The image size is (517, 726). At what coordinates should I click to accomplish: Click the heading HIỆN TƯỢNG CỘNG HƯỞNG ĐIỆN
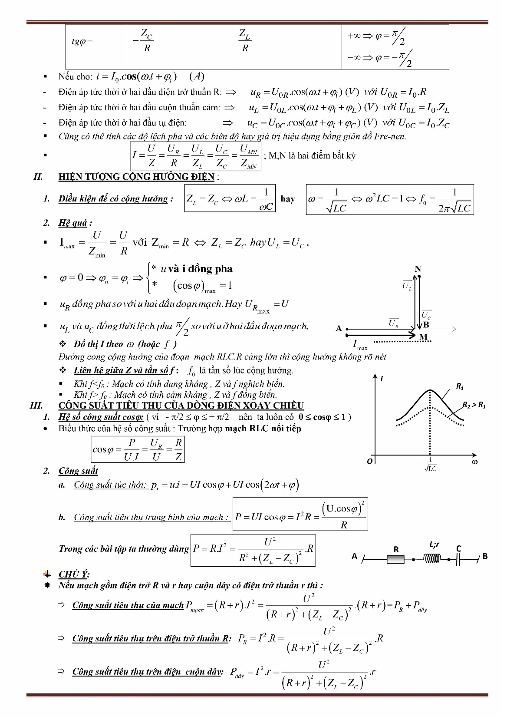136,177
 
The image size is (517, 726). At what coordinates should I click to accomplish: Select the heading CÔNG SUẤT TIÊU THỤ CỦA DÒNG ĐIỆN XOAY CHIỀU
181,406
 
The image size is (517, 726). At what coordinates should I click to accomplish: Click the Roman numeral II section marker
38,177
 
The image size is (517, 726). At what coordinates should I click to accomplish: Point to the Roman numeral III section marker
36,406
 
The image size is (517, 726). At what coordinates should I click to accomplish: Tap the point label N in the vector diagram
418,269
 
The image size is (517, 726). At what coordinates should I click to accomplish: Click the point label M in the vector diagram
424,337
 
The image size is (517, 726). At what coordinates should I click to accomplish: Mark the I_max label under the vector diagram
360,345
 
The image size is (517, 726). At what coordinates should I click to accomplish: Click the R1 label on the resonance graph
460,386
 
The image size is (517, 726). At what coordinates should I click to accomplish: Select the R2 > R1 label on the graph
474,405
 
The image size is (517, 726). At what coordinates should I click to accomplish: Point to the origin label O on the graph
369,461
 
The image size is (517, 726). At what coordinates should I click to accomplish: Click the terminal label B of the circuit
485,556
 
